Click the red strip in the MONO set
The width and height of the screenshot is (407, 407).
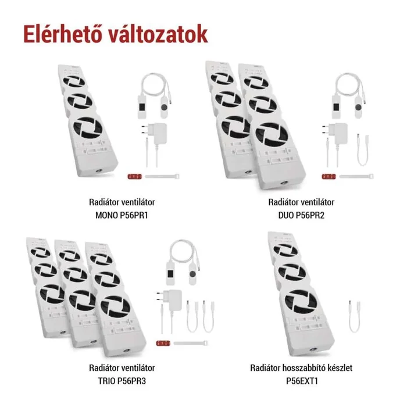134,176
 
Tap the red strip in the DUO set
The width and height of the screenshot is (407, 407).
329,176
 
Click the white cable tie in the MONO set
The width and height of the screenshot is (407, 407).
163,176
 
